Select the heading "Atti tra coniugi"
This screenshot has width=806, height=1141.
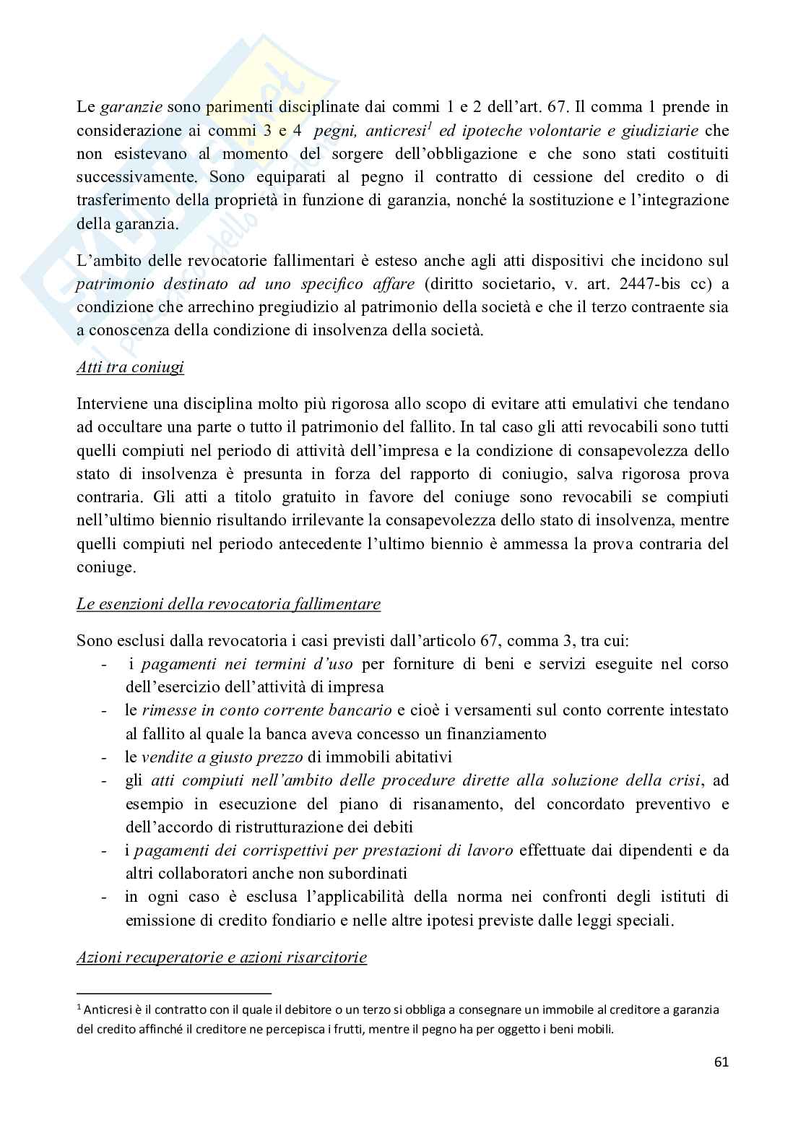[x=130, y=367]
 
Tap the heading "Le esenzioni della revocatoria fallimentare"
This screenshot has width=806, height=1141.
[x=228, y=603]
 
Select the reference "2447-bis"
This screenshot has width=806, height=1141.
[x=633, y=283]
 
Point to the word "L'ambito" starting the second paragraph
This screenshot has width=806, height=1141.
[x=104, y=259]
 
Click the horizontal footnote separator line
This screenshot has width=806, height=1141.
[x=173, y=993]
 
